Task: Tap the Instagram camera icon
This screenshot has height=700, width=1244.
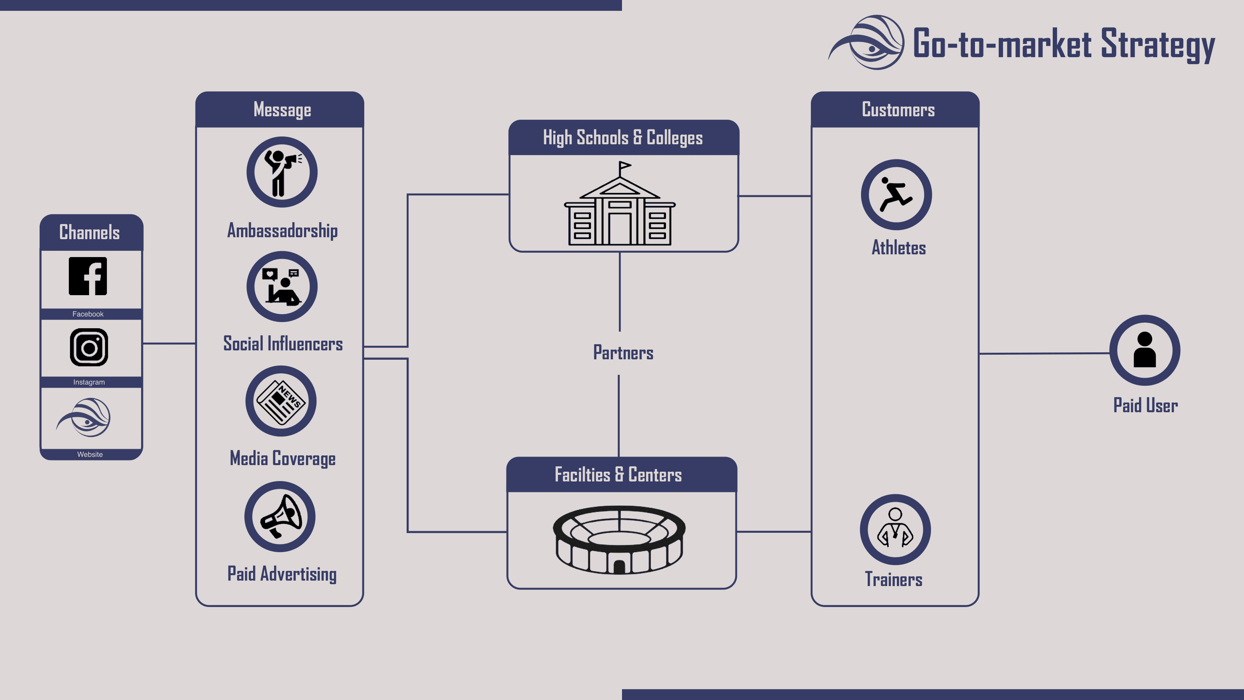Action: pos(89,347)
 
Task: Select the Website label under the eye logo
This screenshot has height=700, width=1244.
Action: pos(90,454)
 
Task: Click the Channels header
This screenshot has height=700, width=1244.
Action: pos(89,233)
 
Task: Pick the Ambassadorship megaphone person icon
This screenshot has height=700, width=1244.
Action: pos(281,172)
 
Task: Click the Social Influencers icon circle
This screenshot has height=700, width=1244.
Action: pos(281,287)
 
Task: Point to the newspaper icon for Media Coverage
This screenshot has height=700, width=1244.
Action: pos(281,401)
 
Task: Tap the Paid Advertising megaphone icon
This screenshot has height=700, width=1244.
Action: pos(280,516)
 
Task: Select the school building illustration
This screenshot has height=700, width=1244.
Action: pos(620,213)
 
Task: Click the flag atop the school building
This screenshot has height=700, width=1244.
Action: pos(624,166)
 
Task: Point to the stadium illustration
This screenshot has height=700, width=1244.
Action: pos(619,540)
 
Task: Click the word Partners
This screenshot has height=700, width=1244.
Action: pos(623,353)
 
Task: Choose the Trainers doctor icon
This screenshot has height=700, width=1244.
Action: pos(895,529)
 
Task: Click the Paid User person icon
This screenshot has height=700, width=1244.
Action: pos(1144,350)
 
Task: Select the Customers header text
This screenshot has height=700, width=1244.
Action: pos(898,110)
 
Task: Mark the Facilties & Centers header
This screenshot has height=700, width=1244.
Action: pos(618,475)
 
